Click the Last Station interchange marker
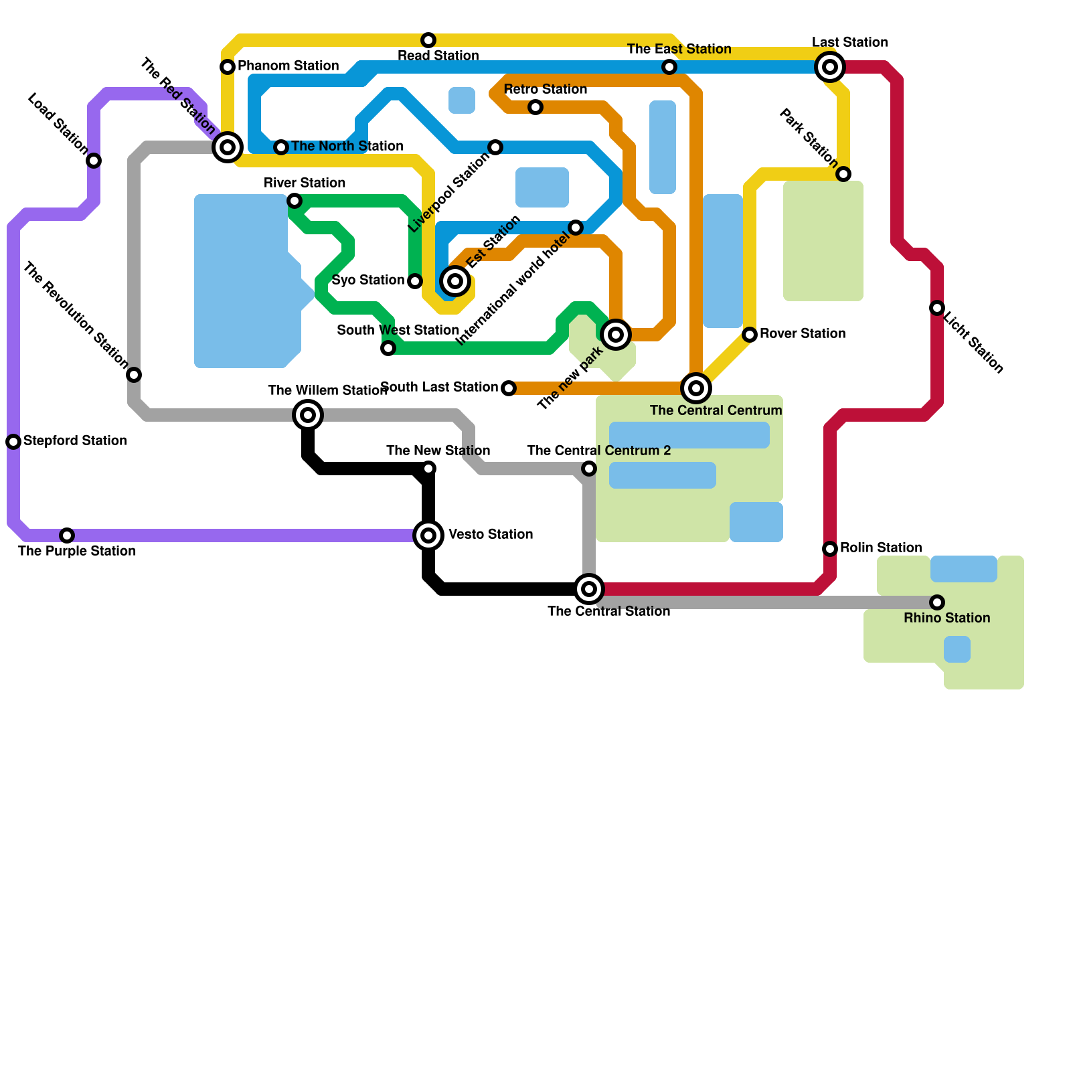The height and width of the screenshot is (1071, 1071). pos(830,67)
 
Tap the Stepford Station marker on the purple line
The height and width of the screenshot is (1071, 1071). pos(13,442)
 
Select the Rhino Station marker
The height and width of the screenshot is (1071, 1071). pos(937,602)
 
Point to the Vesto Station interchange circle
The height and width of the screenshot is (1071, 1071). pos(428,535)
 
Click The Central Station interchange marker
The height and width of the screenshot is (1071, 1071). pos(589,589)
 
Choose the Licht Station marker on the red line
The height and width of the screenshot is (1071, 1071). pos(937,308)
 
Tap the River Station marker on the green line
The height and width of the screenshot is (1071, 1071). pos(295,201)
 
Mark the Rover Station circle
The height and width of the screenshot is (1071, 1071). pos(750,335)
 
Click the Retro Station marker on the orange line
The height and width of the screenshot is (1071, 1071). pos(535,107)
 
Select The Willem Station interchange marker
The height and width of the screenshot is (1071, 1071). pos(308,415)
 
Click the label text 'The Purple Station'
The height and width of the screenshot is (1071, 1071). pos(77,552)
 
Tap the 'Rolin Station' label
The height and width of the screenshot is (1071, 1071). pos(881,548)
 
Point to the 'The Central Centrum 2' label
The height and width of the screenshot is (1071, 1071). pos(598,451)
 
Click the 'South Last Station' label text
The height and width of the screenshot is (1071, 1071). pos(439,388)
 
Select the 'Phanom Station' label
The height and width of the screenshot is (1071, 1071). pos(288,66)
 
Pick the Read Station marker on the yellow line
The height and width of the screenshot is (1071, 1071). pos(428,40)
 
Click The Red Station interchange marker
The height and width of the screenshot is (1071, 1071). pos(228,147)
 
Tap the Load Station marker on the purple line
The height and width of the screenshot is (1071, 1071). pos(94,161)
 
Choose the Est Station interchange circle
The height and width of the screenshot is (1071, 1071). pos(455,281)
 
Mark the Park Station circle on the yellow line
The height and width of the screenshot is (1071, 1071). pos(843,174)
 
